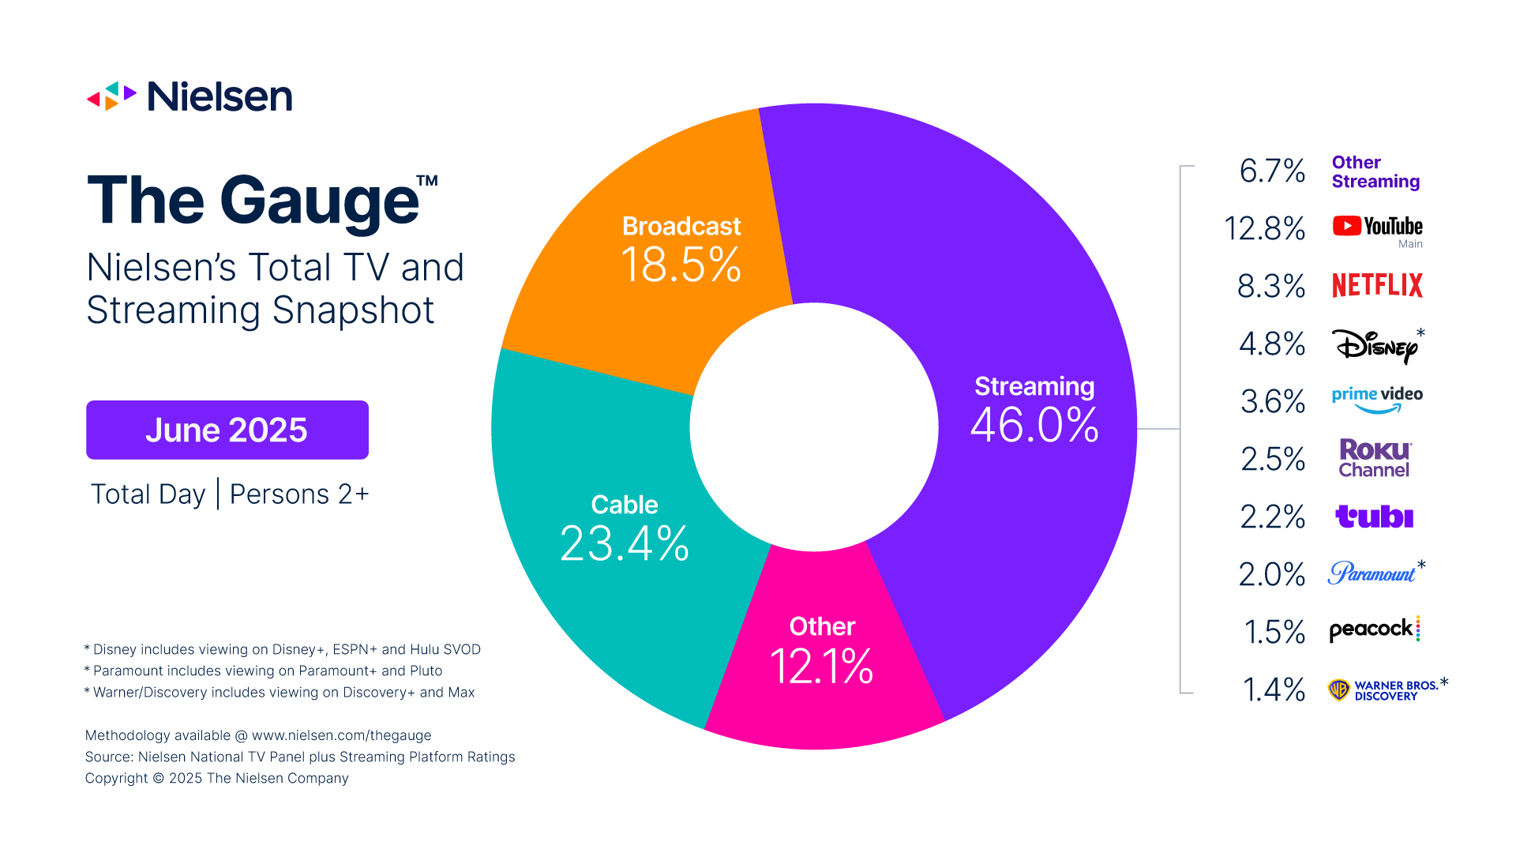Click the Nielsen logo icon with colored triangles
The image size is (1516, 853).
point(111,96)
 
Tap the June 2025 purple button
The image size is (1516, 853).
point(227,430)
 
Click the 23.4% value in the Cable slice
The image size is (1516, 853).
point(624,543)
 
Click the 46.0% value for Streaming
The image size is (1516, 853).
point(1034,425)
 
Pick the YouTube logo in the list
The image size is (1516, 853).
point(1377,227)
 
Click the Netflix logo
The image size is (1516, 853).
point(1377,285)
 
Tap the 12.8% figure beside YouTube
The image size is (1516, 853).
point(1264,228)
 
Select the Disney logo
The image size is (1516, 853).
point(1375,345)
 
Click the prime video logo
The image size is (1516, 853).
point(1377,399)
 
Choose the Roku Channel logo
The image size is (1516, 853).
point(1375,458)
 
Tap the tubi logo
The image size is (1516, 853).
point(1374,517)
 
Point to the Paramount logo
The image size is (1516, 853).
point(1372,573)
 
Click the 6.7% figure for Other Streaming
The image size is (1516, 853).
point(1272,171)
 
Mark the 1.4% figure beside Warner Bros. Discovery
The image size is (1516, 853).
point(1274,690)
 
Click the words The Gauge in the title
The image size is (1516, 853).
point(253,201)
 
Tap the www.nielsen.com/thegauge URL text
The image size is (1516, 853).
point(341,735)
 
